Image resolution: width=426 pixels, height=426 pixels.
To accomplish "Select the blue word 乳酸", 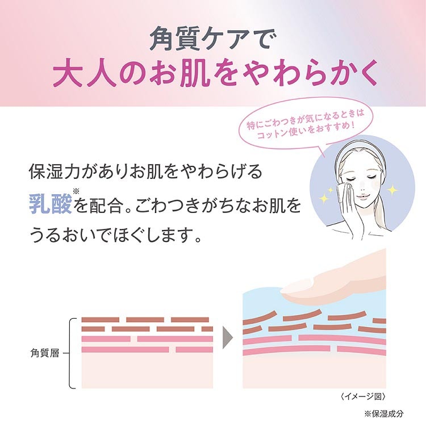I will [x=51, y=203].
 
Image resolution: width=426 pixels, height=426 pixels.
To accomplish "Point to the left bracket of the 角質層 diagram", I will [x=72, y=353].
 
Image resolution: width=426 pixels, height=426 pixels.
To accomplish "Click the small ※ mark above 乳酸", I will [x=77, y=193].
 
